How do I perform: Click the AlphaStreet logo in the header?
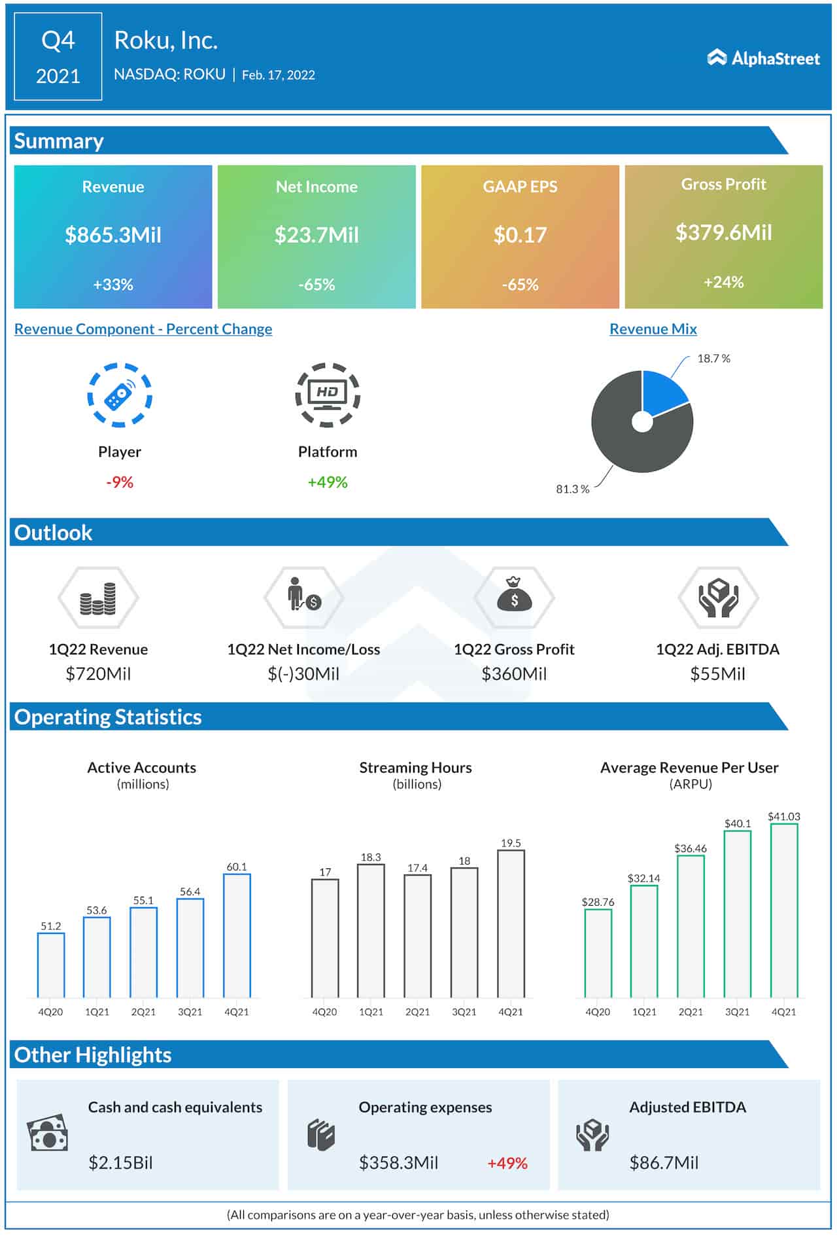point(763,58)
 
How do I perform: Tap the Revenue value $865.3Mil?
point(113,235)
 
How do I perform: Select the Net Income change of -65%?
point(316,285)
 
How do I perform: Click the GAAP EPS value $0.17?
point(520,235)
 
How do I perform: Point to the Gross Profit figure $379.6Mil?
point(723,232)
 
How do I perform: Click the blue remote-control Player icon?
point(120,395)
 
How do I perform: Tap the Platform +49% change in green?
point(328,482)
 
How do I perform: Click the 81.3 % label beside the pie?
point(572,489)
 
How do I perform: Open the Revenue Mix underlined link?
point(653,329)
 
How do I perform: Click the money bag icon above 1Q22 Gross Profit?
point(514,597)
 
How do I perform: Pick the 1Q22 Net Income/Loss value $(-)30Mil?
point(303,674)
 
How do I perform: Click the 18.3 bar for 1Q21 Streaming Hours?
point(371,930)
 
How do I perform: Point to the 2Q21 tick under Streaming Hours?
point(417,1012)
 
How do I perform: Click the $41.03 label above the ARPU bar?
point(783,816)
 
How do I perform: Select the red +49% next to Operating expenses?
point(507,1163)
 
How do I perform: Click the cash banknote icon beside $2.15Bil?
point(47,1134)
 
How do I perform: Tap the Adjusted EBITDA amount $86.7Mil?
point(664,1163)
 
